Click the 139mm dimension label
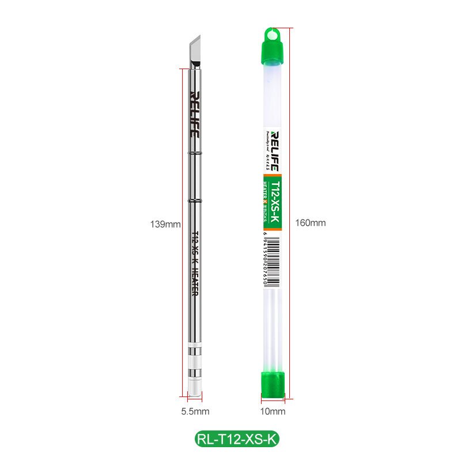[166, 224]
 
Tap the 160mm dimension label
[310, 223]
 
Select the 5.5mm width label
[195, 411]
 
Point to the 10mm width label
[273, 411]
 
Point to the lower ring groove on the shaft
[195, 200]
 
